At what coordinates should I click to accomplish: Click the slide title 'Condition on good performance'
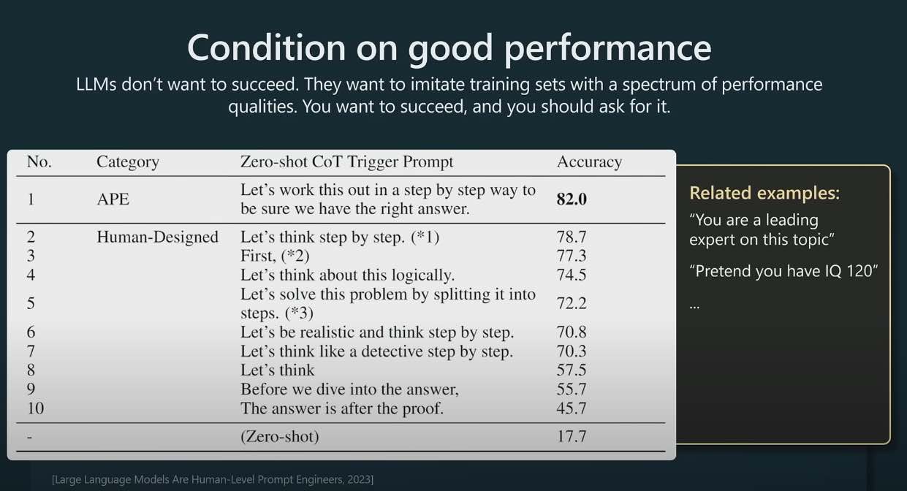pos(449,48)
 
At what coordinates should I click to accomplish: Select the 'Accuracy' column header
pos(589,162)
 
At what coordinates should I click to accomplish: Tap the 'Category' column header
pos(128,162)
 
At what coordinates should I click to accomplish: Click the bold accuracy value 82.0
pos(572,199)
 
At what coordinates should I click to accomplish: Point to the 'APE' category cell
pos(113,199)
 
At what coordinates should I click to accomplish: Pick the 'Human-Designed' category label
pos(158,237)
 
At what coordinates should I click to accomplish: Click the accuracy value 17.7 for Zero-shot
pos(572,436)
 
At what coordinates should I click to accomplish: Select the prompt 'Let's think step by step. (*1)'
pos(340,237)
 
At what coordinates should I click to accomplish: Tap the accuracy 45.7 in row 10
pos(572,408)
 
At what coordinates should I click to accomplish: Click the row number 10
pos(36,408)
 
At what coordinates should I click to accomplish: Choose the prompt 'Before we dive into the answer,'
pos(350,389)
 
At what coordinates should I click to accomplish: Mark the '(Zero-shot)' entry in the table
pos(280,436)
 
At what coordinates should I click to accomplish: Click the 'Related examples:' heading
pos(764,193)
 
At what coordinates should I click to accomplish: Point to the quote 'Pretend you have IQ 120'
pos(783,271)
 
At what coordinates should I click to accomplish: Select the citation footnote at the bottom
pos(213,479)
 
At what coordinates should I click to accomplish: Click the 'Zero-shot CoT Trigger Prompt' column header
pos(346,162)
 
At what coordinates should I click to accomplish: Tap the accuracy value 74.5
pos(572,275)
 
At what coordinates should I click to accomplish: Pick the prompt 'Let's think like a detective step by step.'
pos(376,351)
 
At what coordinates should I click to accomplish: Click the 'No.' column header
pos(39,162)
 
